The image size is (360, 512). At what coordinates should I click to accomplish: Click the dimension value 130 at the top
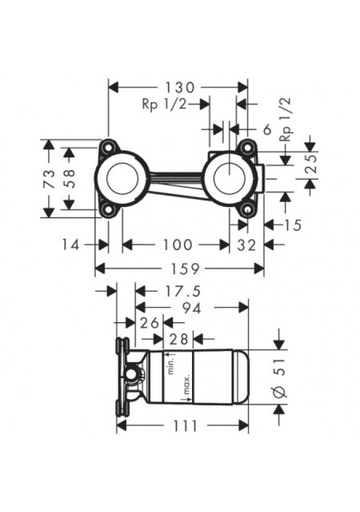click(178, 86)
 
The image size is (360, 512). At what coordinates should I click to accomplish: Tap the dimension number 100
click(177, 245)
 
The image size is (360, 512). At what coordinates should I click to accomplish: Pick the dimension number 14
click(71, 245)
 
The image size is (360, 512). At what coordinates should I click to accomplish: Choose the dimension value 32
click(247, 245)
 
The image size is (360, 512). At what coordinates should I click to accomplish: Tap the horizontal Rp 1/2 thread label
click(164, 105)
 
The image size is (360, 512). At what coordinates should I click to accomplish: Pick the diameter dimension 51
click(282, 376)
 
